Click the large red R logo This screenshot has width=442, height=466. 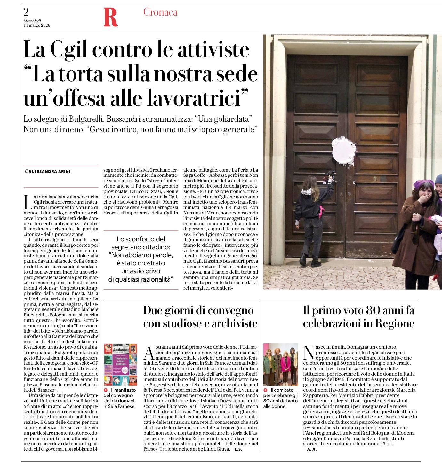tap(111, 18)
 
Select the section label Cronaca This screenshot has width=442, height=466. tap(160, 12)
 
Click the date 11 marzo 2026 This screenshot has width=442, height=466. tap(37, 25)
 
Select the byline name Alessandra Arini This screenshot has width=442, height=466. tap(50, 172)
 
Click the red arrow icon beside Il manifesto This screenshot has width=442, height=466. tap(106, 390)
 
